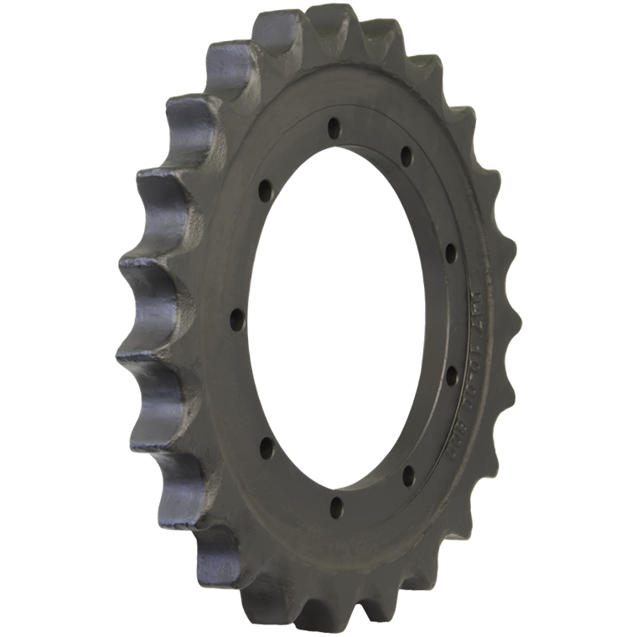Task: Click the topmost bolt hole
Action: click(334, 129)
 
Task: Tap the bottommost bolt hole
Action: click(336, 506)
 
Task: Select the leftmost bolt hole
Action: click(237, 319)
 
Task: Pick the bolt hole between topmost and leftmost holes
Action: click(264, 190)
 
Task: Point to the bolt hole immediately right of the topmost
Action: click(406, 157)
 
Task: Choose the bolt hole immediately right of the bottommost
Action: click(408, 476)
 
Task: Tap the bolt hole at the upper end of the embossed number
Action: click(450, 252)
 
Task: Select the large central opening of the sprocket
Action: click(344, 318)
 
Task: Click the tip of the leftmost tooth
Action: click(126, 355)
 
